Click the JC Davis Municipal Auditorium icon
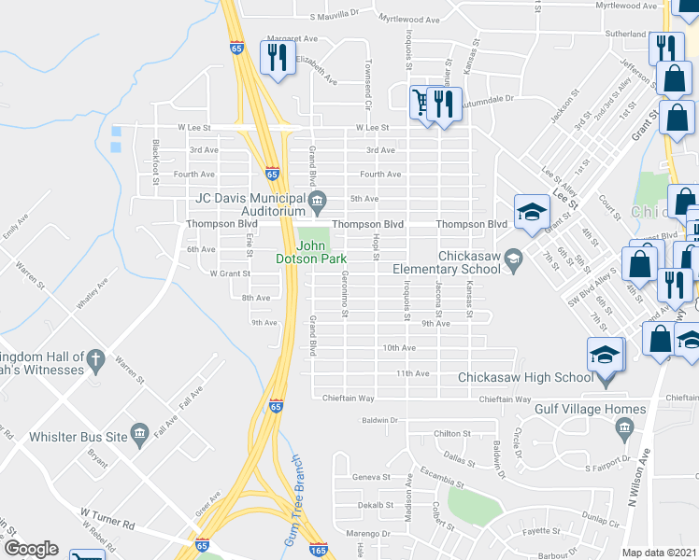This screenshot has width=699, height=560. point(318,199)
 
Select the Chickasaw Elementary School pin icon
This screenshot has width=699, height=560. point(512,258)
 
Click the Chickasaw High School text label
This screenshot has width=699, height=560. point(525,377)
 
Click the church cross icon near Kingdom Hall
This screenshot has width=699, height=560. point(94,359)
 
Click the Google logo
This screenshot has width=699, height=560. point(31,549)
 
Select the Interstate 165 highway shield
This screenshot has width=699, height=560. point(318,551)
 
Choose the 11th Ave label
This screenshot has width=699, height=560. point(412,373)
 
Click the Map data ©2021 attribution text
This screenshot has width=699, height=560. point(660,553)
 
